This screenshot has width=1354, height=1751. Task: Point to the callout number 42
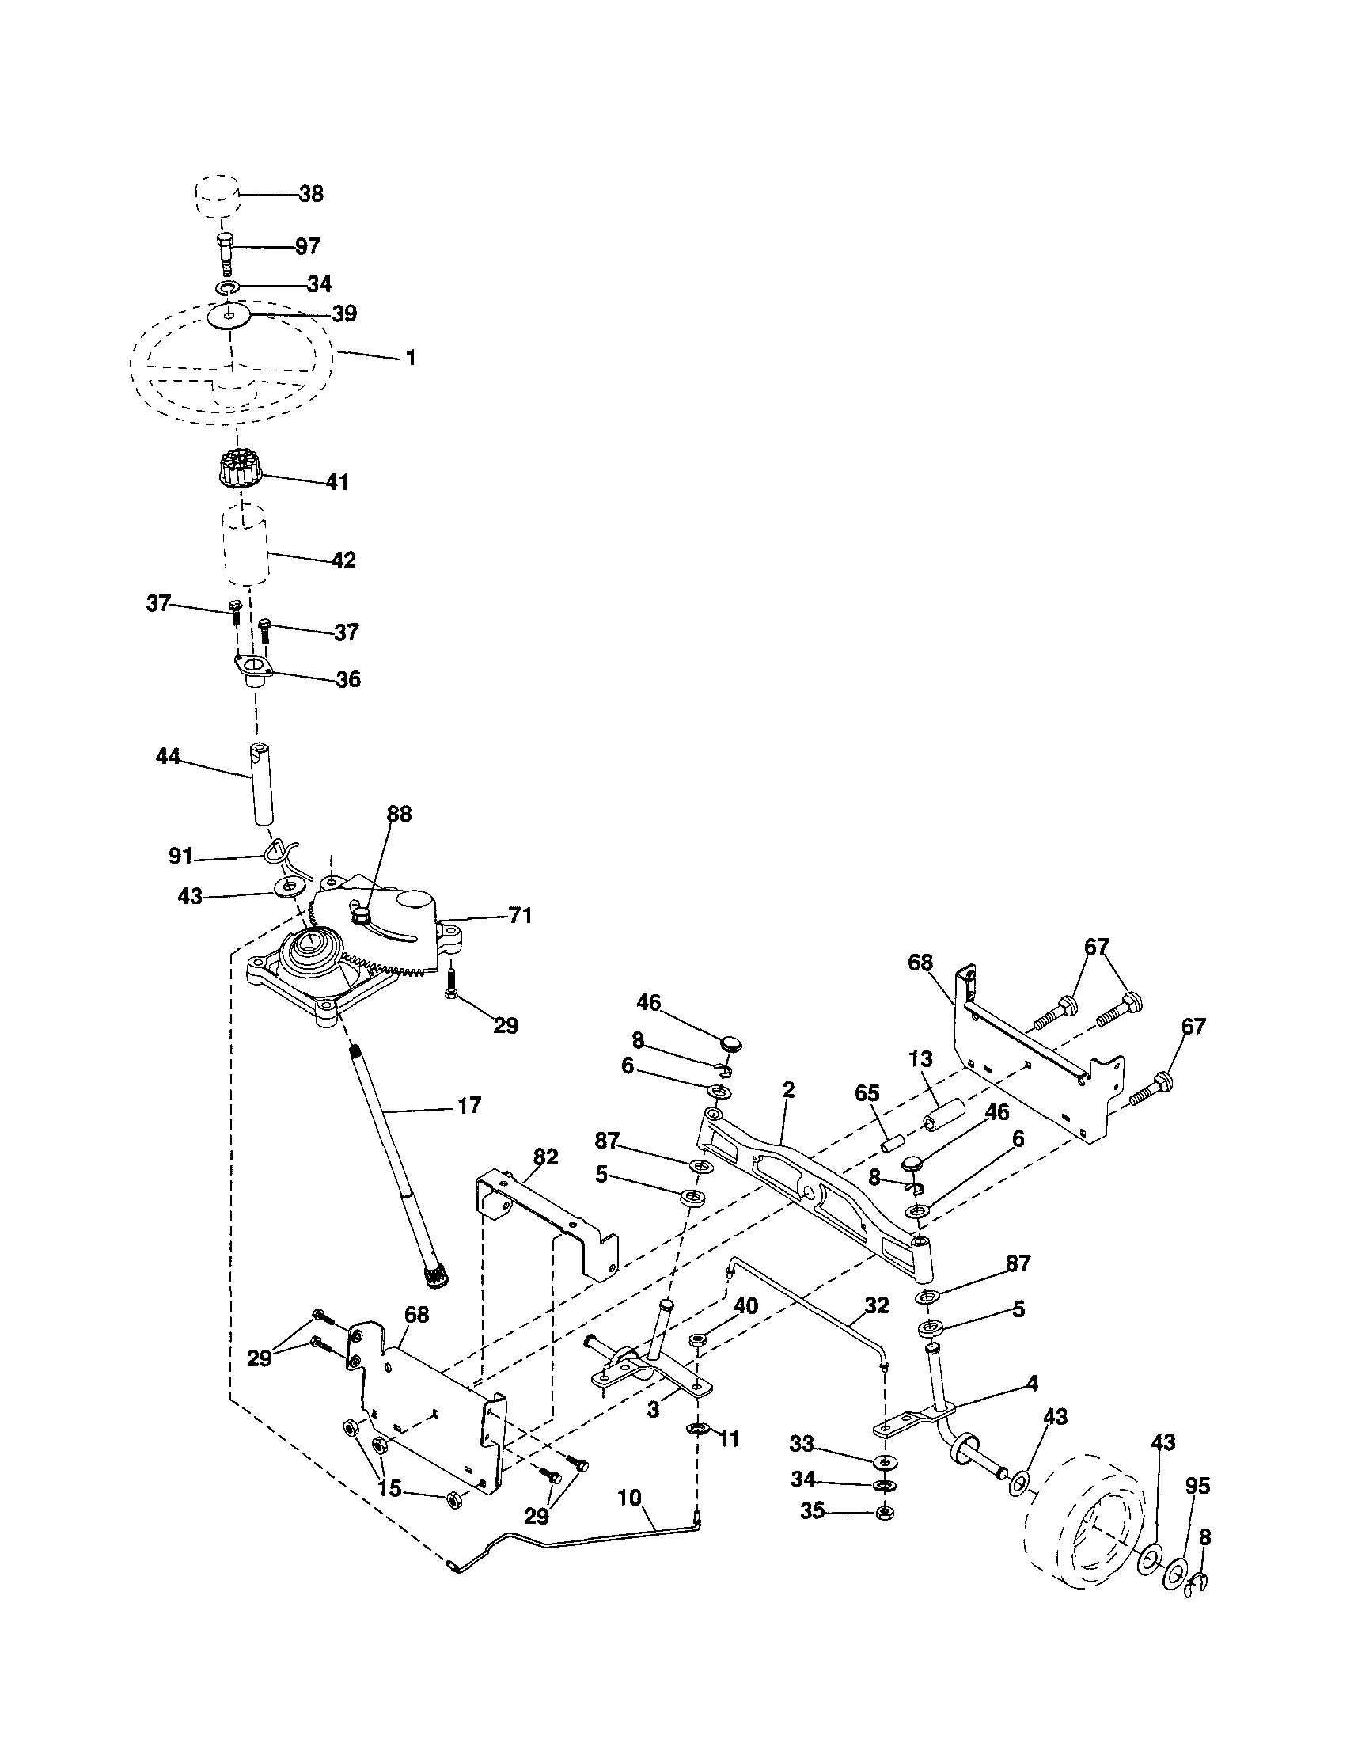(x=343, y=560)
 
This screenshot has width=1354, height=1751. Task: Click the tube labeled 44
(x=262, y=785)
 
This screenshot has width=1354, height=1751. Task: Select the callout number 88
(x=398, y=814)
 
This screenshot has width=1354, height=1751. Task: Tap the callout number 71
(x=520, y=915)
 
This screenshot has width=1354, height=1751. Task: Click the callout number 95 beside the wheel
(x=1197, y=1486)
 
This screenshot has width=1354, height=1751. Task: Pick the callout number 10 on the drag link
(x=630, y=1497)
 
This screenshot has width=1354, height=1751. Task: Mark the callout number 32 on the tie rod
(x=877, y=1306)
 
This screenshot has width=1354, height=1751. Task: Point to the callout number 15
(x=389, y=1489)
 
